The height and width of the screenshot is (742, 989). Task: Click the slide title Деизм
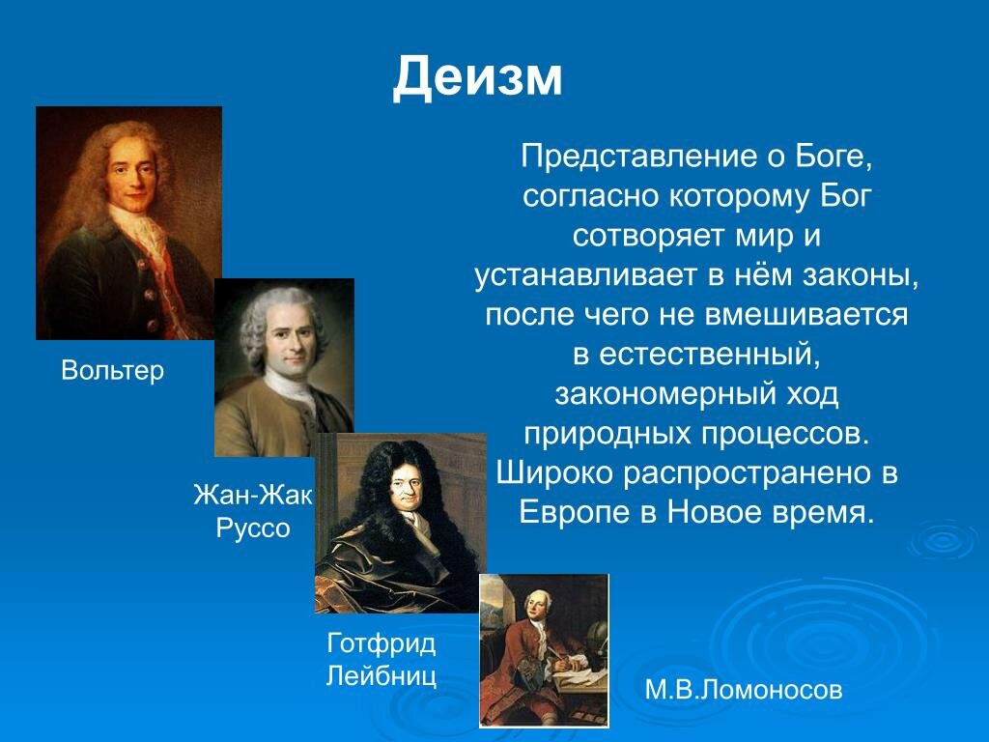click(x=477, y=77)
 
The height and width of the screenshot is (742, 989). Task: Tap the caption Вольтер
click(x=113, y=370)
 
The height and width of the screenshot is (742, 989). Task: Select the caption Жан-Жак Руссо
click(x=252, y=513)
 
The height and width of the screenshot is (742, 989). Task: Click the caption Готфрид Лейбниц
click(x=381, y=659)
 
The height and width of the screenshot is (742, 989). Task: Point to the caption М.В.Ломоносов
click(x=744, y=690)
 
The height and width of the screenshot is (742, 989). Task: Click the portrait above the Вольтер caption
click(x=128, y=222)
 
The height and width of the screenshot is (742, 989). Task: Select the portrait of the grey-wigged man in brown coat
click(x=284, y=367)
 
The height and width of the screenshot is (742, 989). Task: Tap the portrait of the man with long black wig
click(x=400, y=522)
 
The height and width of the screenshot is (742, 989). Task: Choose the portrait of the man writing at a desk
click(x=544, y=650)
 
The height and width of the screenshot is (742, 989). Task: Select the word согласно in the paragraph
click(x=589, y=196)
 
